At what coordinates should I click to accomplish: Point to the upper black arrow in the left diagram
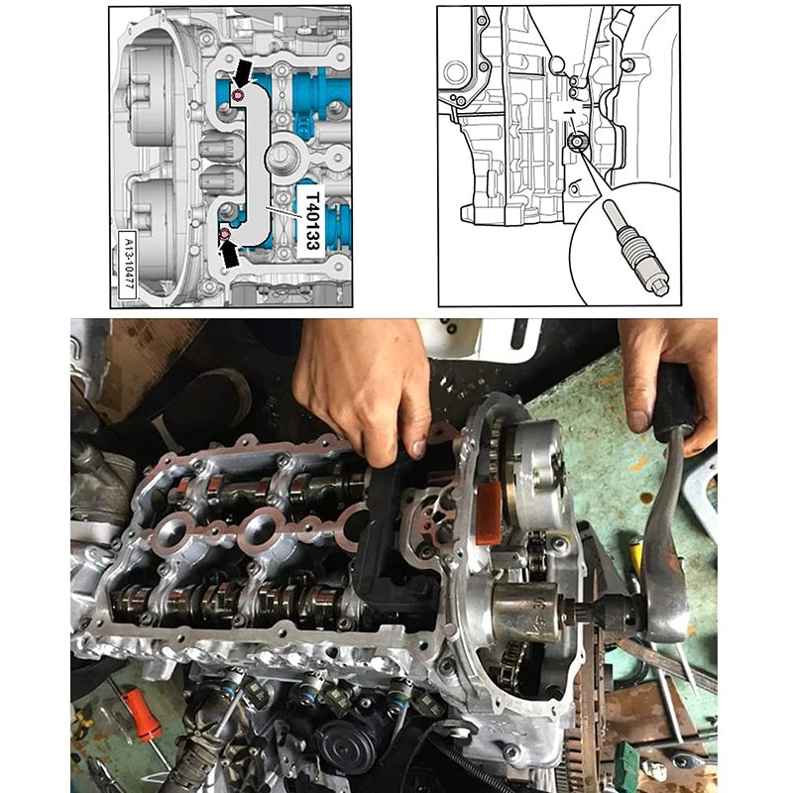click(x=241, y=70)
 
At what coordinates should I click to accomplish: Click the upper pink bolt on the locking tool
click(x=238, y=95)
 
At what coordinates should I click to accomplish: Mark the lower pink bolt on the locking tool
click(x=225, y=233)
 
